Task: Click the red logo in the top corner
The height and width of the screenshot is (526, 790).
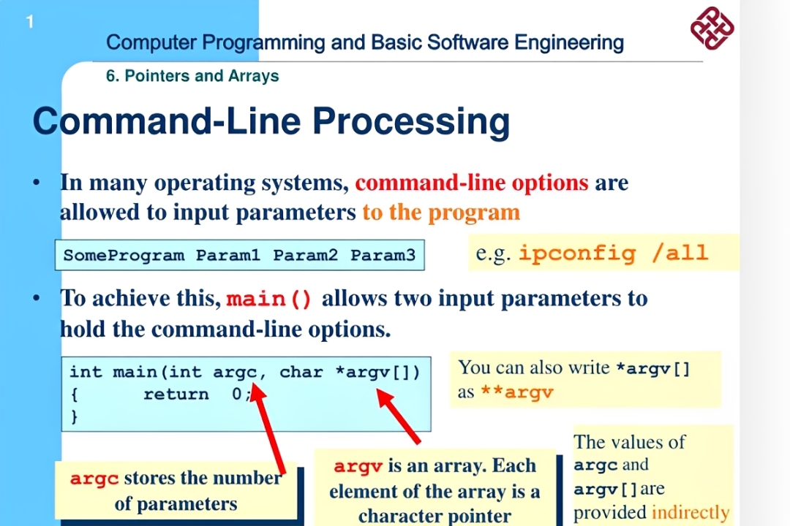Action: [712, 28]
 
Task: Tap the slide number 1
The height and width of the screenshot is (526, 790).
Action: [30, 23]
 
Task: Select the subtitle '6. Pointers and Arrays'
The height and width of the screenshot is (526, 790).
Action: [192, 76]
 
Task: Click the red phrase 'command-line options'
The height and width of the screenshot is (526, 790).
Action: [472, 183]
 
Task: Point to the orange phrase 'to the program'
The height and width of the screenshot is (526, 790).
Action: [441, 213]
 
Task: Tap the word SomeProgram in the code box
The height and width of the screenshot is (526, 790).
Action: [124, 256]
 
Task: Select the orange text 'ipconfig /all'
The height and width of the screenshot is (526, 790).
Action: [613, 254]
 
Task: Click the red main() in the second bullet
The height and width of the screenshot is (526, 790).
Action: [269, 300]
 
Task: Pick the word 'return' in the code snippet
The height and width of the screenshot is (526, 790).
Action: [176, 394]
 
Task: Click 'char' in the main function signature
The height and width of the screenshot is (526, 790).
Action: [301, 372]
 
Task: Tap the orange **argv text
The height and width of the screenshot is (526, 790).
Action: [516, 392]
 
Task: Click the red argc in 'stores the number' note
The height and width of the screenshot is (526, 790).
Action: [94, 479]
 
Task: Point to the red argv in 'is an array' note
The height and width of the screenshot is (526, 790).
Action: [358, 466]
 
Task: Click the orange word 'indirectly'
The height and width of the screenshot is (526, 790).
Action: [691, 512]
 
